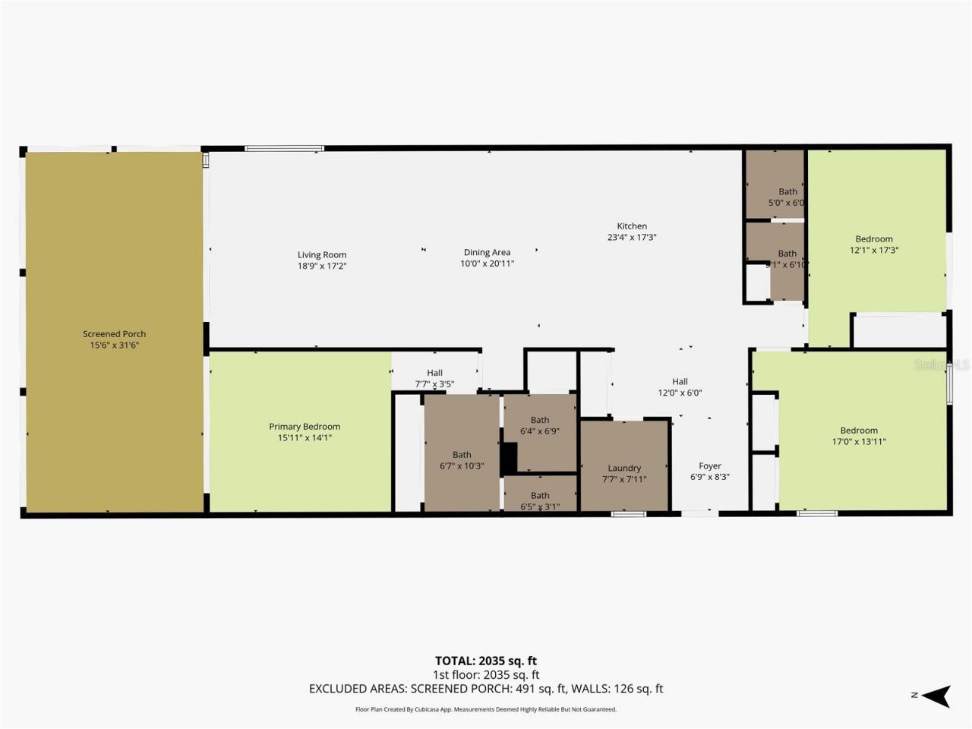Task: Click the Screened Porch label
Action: [114, 334]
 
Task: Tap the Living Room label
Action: [322, 255]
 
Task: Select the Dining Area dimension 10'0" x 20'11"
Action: [487, 264]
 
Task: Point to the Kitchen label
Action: [632, 226]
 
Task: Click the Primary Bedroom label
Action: [305, 427]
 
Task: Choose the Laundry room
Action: [624, 468]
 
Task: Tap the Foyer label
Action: [710, 466]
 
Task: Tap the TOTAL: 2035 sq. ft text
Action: [486, 661]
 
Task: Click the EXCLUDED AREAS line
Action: [486, 689]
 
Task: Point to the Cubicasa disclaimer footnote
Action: [486, 709]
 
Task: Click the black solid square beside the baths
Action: [509, 459]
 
